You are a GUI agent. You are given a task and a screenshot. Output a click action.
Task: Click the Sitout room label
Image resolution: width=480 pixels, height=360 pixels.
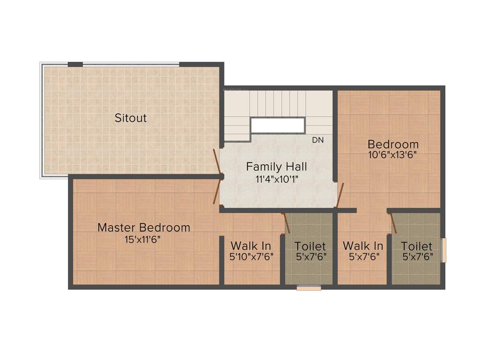click(x=131, y=118)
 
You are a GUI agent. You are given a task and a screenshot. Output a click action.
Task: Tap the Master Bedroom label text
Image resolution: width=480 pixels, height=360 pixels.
click(x=144, y=228)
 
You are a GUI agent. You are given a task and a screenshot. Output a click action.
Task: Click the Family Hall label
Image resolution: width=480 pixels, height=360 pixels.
click(x=277, y=167)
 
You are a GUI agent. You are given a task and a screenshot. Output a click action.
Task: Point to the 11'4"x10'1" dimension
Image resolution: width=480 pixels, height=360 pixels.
click(x=277, y=179)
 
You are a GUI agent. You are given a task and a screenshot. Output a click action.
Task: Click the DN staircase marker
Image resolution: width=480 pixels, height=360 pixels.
click(x=318, y=140)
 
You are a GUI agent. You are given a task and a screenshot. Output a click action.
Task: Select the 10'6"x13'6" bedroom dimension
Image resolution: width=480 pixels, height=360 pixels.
click(x=393, y=154)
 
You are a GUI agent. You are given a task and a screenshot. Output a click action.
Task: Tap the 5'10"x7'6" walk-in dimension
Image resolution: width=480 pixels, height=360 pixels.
click(x=251, y=256)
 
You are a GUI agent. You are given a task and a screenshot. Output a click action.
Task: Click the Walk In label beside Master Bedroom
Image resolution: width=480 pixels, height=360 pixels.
click(x=251, y=246)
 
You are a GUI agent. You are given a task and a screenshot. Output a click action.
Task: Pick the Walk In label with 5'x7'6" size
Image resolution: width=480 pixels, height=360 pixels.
click(x=363, y=246)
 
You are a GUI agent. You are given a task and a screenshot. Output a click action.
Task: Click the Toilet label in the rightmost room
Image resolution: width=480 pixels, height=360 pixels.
click(x=417, y=246)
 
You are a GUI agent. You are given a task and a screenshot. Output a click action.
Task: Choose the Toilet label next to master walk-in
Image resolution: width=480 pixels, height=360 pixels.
click(x=310, y=246)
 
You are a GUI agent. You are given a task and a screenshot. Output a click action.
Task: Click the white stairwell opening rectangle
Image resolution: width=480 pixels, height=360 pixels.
click(x=277, y=126)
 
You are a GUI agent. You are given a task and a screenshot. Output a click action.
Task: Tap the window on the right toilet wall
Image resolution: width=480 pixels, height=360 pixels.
click(x=444, y=250)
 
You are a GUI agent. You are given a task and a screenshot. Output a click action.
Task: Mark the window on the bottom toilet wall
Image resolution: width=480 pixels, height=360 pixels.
click(x=309, y=288)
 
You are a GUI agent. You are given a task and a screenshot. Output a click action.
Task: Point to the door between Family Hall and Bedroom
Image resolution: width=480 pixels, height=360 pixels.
click(x=340, y=195)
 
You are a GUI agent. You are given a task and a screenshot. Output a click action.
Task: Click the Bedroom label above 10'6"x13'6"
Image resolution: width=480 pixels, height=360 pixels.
click(x=393, y=144)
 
